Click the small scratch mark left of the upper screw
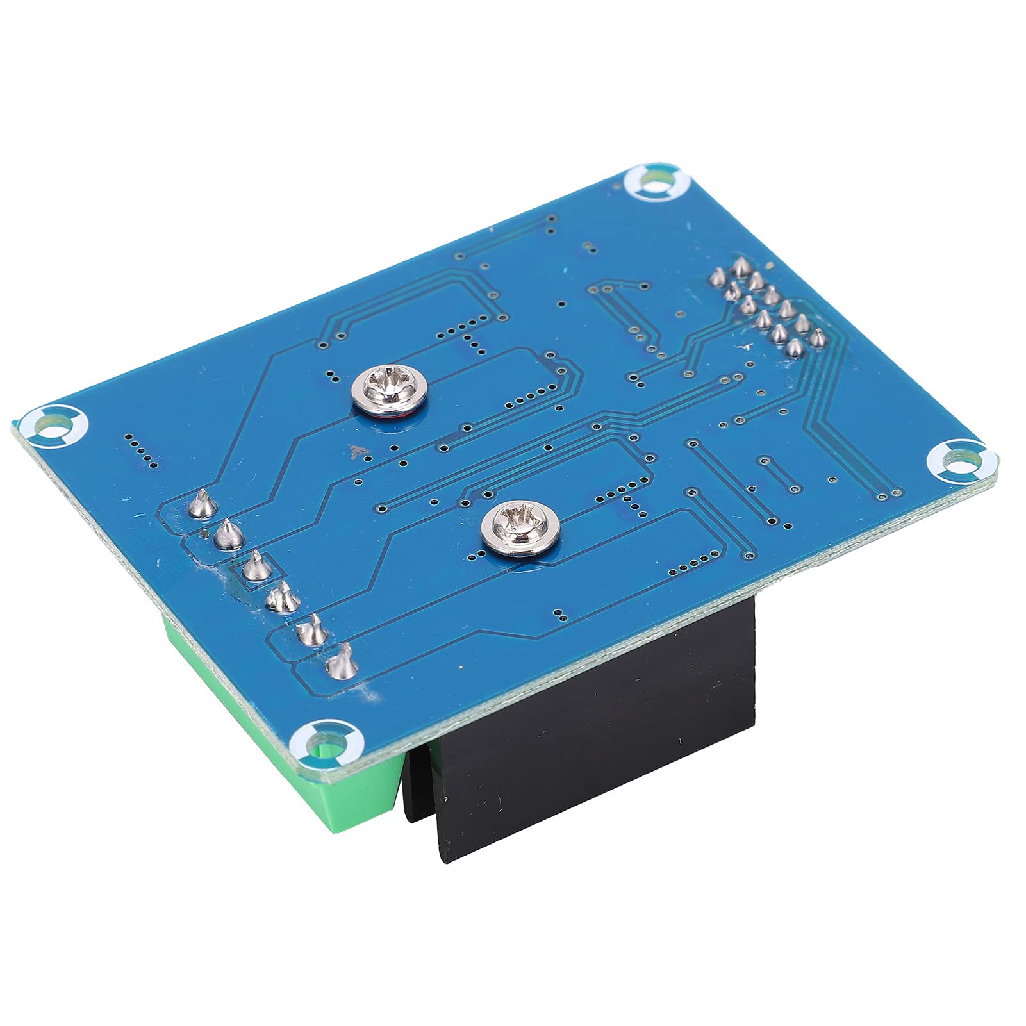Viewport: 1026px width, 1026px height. tap(354, 454)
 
